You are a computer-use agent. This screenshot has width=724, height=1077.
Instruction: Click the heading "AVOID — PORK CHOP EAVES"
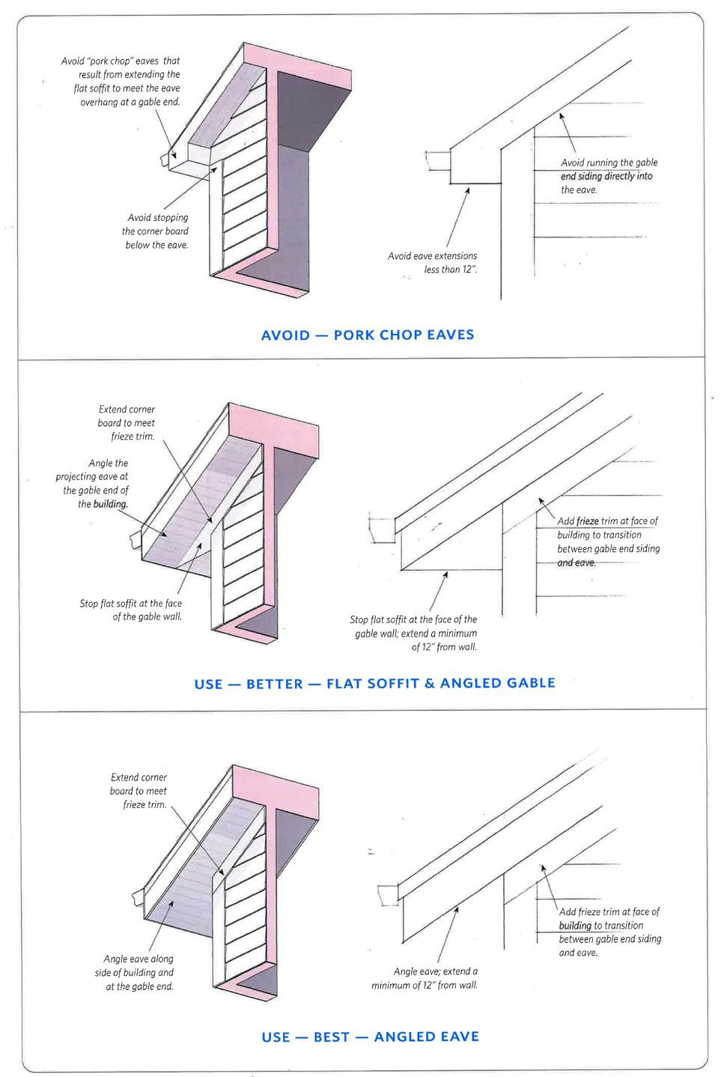point(367,335)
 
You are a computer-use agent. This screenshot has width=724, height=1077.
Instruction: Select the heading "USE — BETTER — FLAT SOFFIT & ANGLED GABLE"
point(374,683)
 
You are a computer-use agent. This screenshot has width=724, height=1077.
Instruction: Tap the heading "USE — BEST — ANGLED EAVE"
point(370,1037)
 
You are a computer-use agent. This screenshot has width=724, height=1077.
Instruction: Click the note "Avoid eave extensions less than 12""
point(433,263)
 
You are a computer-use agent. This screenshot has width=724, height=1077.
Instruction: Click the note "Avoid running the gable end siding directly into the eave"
point(609,176)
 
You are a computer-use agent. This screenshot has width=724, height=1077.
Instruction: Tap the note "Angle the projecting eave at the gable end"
point(93,483)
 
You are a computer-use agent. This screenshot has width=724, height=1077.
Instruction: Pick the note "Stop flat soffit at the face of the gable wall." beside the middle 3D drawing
point(131,610)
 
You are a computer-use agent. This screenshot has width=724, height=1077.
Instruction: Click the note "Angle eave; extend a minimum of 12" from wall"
point(425,978)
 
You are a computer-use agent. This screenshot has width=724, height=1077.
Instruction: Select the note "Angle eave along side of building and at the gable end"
point(139,972)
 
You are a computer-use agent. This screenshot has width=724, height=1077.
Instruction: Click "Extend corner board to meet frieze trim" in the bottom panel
point(139,791)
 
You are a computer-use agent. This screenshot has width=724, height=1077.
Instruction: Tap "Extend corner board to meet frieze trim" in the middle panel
point(127,422)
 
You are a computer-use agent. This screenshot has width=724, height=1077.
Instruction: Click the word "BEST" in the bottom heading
point(332,1037)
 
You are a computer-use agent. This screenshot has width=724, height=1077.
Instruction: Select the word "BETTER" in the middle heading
point(275,684)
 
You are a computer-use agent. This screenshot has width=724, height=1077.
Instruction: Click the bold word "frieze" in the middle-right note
point(588,521)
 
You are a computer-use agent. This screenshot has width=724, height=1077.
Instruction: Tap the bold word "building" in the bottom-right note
point(575,926)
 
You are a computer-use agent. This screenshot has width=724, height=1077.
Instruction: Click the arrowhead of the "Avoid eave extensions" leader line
point(468,189)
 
